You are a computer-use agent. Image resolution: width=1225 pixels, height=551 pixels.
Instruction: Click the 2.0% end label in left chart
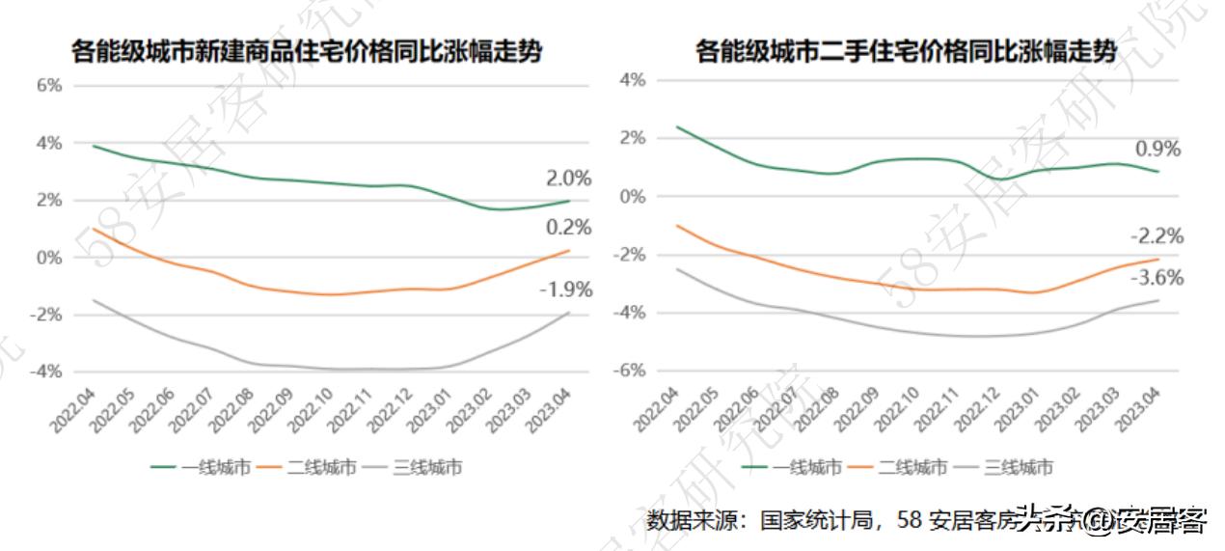[568, 178]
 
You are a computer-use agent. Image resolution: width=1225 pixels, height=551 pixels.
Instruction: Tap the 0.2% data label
[568, 228]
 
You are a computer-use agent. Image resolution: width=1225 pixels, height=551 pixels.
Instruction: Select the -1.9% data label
[565, 289]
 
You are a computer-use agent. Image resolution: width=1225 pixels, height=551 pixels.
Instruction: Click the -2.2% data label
[1156, 236]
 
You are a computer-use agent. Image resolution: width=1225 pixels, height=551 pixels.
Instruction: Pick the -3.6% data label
[1156, 278]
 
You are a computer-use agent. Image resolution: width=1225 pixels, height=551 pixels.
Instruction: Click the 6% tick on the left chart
[49, 85]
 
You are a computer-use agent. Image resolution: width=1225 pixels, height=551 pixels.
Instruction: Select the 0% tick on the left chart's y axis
[49, 258]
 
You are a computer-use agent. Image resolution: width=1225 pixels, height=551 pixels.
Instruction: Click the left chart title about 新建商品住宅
[307, 51]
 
